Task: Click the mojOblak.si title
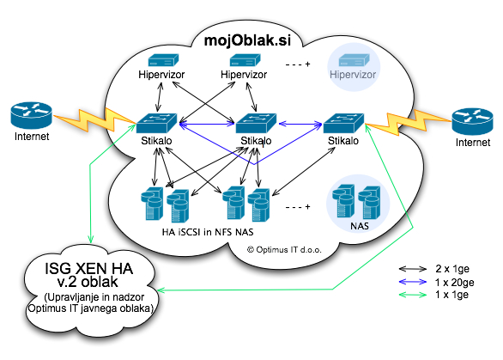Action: click(x=247, y=40)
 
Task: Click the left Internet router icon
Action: click(x=31, y=114)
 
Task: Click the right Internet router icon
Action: click(x=472, y=121)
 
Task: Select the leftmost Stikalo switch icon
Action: click(x=156, y=123)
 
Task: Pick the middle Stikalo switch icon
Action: click(x=256, y=123)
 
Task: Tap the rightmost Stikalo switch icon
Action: click(x=343, y=123)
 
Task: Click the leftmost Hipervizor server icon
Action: click(x=163, y=60)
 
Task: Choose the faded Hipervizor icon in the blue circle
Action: click(x=354, y=60)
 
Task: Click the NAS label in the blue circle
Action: click(x=360, y=226)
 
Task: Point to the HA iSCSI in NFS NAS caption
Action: click(x=208, y=232)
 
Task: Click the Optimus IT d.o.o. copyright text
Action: click(x=284, y=250)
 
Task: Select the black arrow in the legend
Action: click(x=413, y=269)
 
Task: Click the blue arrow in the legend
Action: click(x=413, y=282)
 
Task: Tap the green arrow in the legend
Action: click(x=413, y=295)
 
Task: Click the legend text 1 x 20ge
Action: click(x=455, y=283)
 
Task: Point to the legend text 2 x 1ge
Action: click(x=452, y=268)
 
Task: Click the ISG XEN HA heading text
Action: click(x=89, y=268)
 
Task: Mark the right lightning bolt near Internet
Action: click(x=408, y=122)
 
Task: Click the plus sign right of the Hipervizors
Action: click(x=308, y=64)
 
